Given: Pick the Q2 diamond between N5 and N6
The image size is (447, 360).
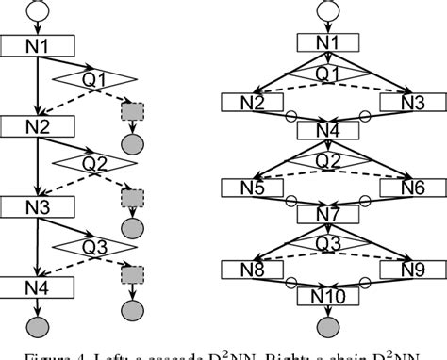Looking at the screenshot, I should [x=327, y=160].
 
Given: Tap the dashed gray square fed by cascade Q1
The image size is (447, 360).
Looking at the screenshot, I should [x=130, y=112].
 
